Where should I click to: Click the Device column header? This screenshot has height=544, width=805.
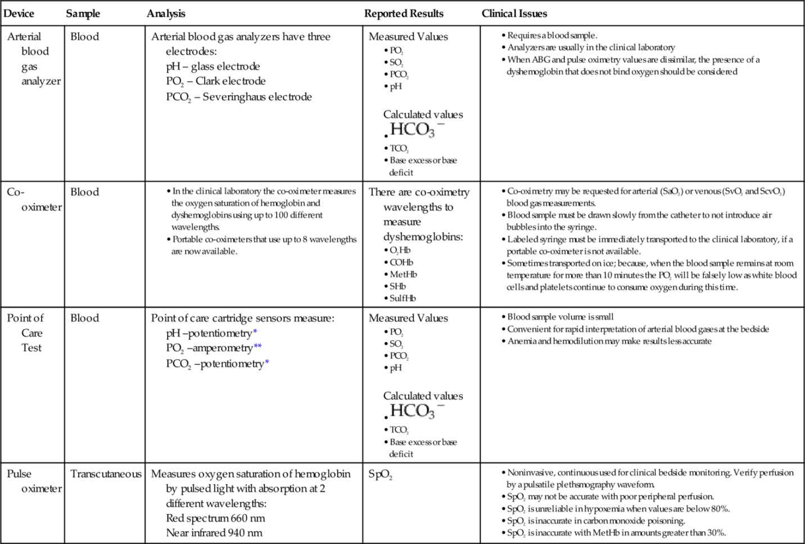click(19, 14)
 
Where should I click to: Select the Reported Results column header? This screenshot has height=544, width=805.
click(404, 14)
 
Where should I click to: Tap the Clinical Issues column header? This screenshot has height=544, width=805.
click(514, 14)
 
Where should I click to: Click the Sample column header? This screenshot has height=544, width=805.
click(83, 14)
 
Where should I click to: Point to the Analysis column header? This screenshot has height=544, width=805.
click(166, 14)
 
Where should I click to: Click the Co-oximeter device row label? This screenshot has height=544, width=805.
click(34, 200)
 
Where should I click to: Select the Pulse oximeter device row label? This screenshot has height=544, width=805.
click(34, 481)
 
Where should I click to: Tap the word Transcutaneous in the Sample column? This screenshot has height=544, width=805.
click(106, 474)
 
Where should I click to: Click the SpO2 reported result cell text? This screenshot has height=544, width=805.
click(380, 475)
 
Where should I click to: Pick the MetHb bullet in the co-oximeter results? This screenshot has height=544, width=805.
click(403, 275)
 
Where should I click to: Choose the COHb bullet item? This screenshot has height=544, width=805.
click(401, 263)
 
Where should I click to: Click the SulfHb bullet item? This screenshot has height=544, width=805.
click(402, 299)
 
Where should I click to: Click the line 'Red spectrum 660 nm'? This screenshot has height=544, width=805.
click(215, 518)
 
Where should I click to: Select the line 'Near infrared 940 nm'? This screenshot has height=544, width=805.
click(214, 533)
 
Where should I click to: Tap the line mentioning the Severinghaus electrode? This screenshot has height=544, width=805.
click(238, 97)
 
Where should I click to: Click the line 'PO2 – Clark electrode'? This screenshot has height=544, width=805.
click(215, 81)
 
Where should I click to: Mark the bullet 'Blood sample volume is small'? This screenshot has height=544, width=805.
click(560, 317)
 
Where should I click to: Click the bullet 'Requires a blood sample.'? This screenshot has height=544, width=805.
click(551, 35)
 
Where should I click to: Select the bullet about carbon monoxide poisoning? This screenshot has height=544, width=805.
click(596, 521)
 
